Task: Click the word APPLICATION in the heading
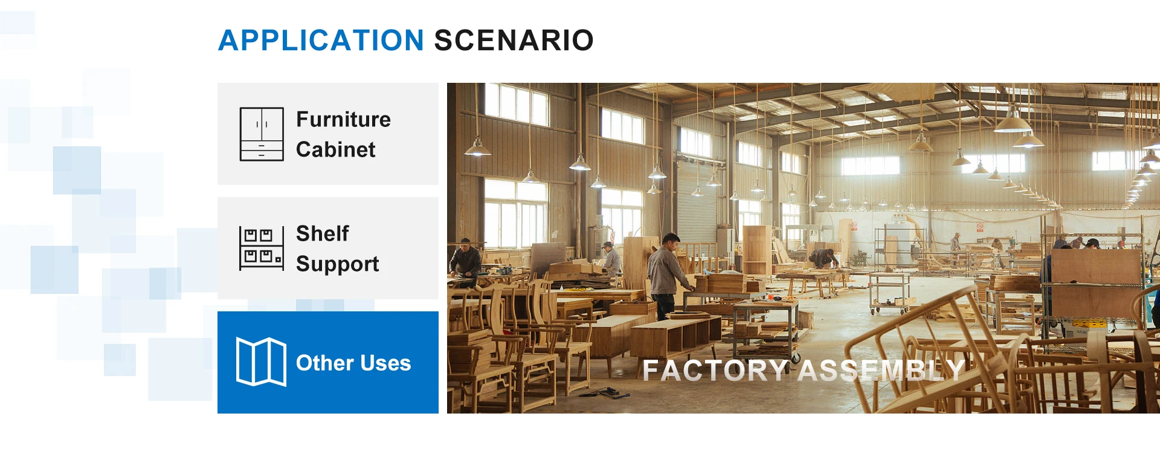(x=321, y=41)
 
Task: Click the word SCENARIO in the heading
(x=514, y=41)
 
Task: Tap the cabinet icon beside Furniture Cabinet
(x=262, y=134)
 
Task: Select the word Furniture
(x=343, y=119)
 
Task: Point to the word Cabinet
(x=336, y=149)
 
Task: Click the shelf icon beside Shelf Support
(x=262, y=248)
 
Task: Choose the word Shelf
(x=323, y=233)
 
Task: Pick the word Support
(x=338, y=264)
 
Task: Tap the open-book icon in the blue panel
(x=261, y=362)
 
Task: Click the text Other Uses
(x=353, y=363)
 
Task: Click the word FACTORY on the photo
(x=715, y=371)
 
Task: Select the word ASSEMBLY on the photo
(x=881, y=371)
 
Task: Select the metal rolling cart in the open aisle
(x=889, y=293)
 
